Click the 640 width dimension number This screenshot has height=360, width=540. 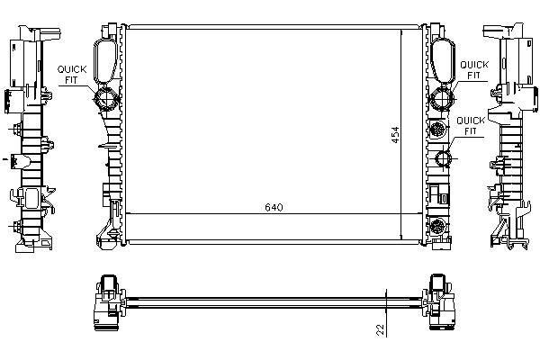tap(274, 207)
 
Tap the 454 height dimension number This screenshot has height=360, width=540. tap(395, 135)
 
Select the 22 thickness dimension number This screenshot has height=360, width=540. tap(380, 329)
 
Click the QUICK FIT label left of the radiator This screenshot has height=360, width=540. tap(72, 75)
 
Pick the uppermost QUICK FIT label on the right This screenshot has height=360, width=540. tap(474, 70)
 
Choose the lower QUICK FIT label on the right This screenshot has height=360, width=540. tap(471, 126)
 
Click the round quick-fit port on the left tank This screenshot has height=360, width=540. tap(106, 98)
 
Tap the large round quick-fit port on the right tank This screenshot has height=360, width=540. tap(442, 98)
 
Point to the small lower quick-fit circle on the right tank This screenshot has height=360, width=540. tap(443, 158)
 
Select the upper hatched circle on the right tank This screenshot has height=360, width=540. tap(438, 130)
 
